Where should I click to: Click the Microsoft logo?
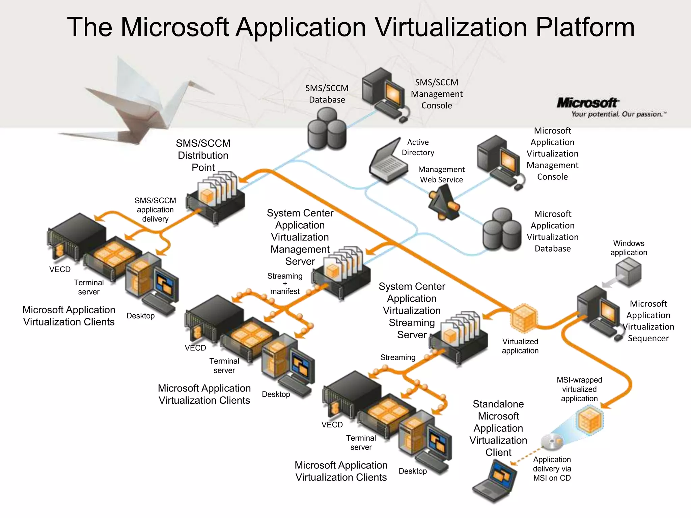coord(587,103)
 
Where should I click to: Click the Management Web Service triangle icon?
coord(443,204)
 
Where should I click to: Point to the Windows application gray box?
coord(628,271)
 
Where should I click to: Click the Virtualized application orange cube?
coord(523,317)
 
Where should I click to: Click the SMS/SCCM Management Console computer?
coord(385,94)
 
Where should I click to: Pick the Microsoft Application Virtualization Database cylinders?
coord(502,230)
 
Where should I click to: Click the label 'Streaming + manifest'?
coord(285,284)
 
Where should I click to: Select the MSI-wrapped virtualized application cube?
coord(590,421)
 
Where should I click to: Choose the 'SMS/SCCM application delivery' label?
coord(155,210)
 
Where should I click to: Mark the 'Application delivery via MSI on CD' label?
coord(552,469)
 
